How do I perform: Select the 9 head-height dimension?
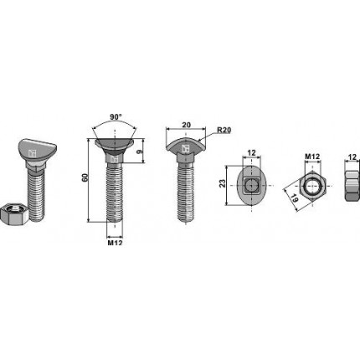[147, 152]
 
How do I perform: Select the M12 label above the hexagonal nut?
[311, 156]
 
